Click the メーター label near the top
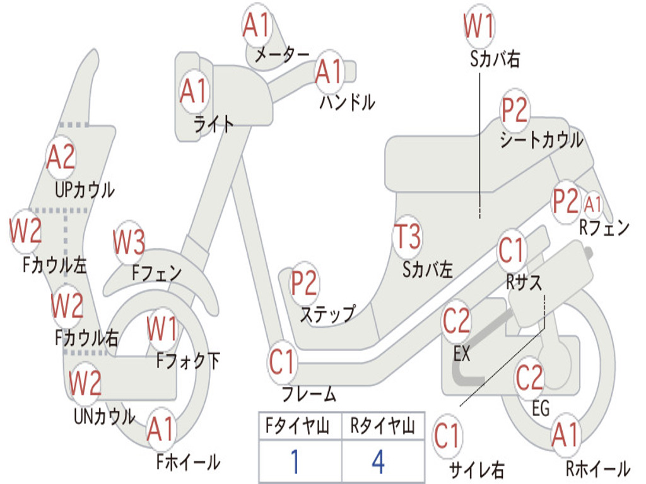click(x=282, y=55)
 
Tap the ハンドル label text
click(x=346, y=101)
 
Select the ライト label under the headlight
click(x=214, y=124)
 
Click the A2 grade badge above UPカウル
click(x=61, y=157)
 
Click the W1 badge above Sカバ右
click(x=479, y=27)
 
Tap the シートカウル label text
click(x=541, y=140)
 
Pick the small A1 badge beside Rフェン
click(x=593, y=204)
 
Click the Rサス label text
click(x=524, y=282)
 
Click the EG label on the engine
click(x=541, y=408)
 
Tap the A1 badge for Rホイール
click(x=564, y=435)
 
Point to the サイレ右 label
click(x=477, y=470)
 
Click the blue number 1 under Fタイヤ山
click(x=294, y=462)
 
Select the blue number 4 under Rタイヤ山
click(x=378, y=462)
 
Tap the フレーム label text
click(x=309, y=395)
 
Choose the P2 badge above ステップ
click(x=304, y=284)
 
